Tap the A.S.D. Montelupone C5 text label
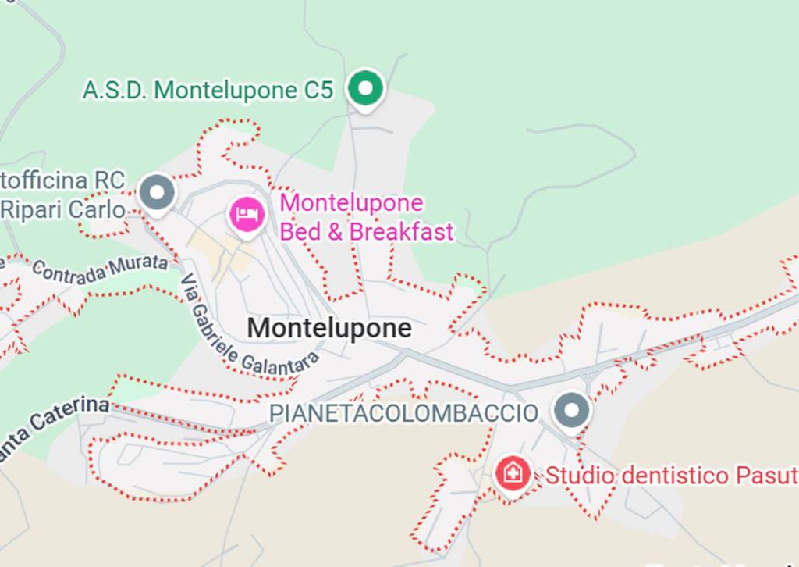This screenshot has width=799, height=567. coord(208,90)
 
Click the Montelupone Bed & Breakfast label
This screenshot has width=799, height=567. coord(366,217)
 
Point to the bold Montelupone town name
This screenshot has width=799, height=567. coord(329,328)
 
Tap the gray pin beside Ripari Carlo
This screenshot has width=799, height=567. coord(157,191)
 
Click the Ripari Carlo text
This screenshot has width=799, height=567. coord(62,209)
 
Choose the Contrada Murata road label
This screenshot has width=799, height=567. coord(100,266)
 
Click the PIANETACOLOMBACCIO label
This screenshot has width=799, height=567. coord(404,413)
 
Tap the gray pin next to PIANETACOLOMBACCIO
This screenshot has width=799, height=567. coord(572,409)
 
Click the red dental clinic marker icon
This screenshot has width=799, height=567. coord(513,472)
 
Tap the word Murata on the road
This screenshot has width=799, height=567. coord(139,262)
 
